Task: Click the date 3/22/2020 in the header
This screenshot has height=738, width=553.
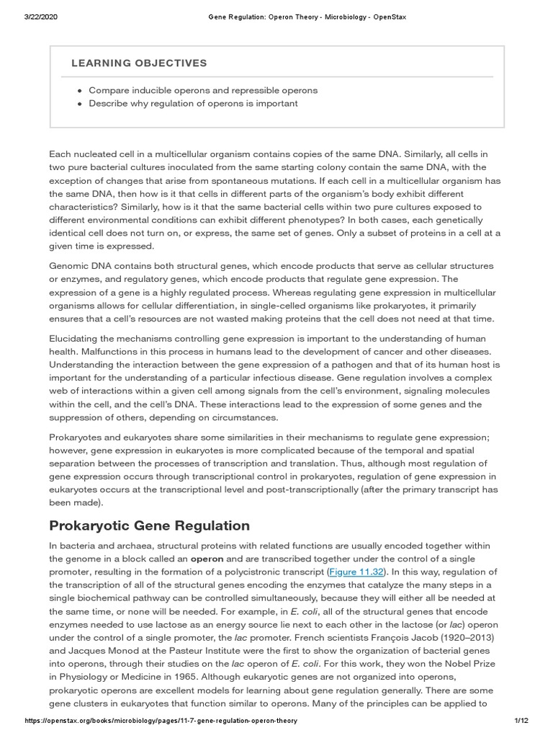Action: click(41, 17)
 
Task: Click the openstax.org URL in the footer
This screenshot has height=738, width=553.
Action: click(161, 721)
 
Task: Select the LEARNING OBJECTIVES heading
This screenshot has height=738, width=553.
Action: click(139, 63)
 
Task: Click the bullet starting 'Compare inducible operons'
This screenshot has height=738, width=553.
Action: click(202, 91)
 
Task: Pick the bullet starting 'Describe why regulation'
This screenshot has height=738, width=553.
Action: click(193, 104)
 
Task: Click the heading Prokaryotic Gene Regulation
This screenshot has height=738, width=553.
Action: click(149, 525)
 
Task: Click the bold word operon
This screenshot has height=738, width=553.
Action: click(207, 559)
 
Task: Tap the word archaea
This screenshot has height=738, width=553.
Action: click(132, 546)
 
